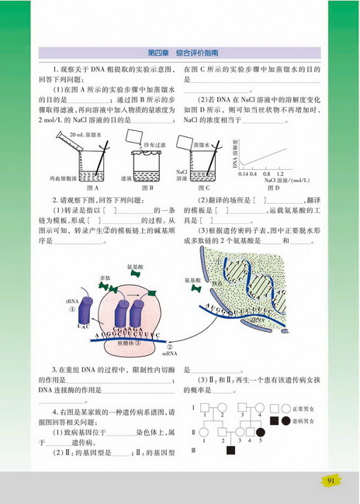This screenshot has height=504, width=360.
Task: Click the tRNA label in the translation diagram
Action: [x=72, y=300]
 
